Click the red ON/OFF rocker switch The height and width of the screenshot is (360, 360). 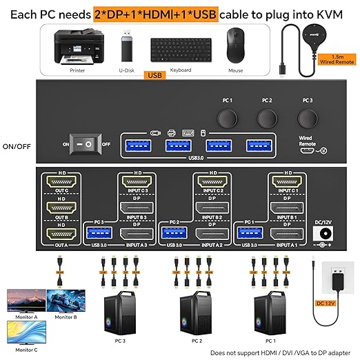(88, 144)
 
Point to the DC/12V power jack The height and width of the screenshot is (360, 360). (323, 234)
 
